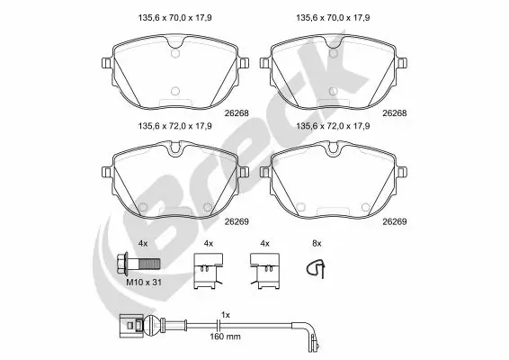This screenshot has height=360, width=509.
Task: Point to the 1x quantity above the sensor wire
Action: pyautogui.click(x=227, y=314)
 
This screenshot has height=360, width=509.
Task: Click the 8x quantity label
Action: pyautogui.click(x=316, y=244)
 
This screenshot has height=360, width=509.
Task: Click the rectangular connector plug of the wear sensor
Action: pyautogui.click(x=128, y=324)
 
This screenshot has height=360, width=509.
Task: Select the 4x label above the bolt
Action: pyautogui.click(x=143, y=244)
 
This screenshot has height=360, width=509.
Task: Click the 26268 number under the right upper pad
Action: pyautogui.click(x=393, y=113)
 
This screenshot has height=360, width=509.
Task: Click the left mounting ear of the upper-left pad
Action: pyautogui.click(x=107, y=64)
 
